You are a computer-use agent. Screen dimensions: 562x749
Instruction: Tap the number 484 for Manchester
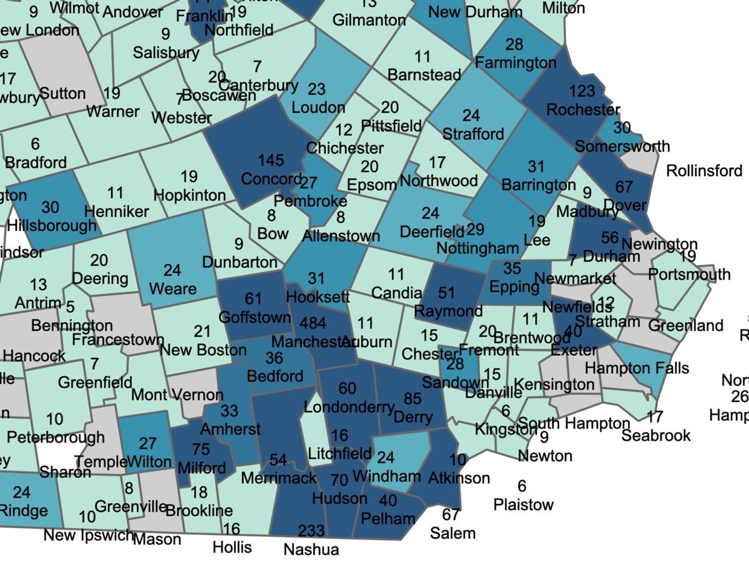point(313,324)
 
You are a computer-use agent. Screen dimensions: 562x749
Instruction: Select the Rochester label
point(583,109)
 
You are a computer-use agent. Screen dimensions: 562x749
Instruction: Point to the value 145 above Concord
point(271,161)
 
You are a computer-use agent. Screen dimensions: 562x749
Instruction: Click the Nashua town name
point(311,550)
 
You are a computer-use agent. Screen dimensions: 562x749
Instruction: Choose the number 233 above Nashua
point(311,531)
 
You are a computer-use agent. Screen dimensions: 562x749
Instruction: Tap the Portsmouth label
point(689,274)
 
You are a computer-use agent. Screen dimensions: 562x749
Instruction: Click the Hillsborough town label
point(53,225)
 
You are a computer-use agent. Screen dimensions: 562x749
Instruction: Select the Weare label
point(172,289)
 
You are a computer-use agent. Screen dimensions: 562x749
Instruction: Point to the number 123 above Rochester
point(582,92)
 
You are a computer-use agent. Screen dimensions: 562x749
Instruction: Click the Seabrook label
point(656,435)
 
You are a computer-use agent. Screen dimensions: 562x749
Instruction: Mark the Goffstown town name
point(255,317)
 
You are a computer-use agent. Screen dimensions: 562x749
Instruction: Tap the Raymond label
point(448,310)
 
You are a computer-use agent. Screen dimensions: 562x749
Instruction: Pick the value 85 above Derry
point(413,398)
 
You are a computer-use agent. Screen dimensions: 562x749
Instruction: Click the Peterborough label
point(56,437)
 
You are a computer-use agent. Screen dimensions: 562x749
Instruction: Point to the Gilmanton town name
point(369,20)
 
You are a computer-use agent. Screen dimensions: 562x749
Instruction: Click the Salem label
point(453,533)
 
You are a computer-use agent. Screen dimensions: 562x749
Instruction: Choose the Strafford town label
point(472,134)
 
